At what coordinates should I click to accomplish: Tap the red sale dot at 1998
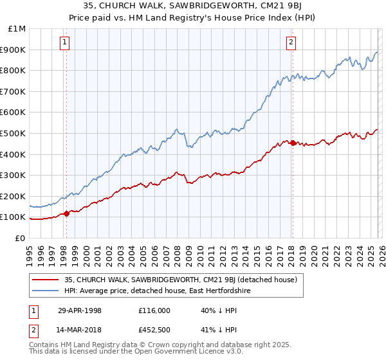66,213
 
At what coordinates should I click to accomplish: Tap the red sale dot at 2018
293,143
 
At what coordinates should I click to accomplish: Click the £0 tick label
21,238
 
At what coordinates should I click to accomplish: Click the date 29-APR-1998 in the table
80,310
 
